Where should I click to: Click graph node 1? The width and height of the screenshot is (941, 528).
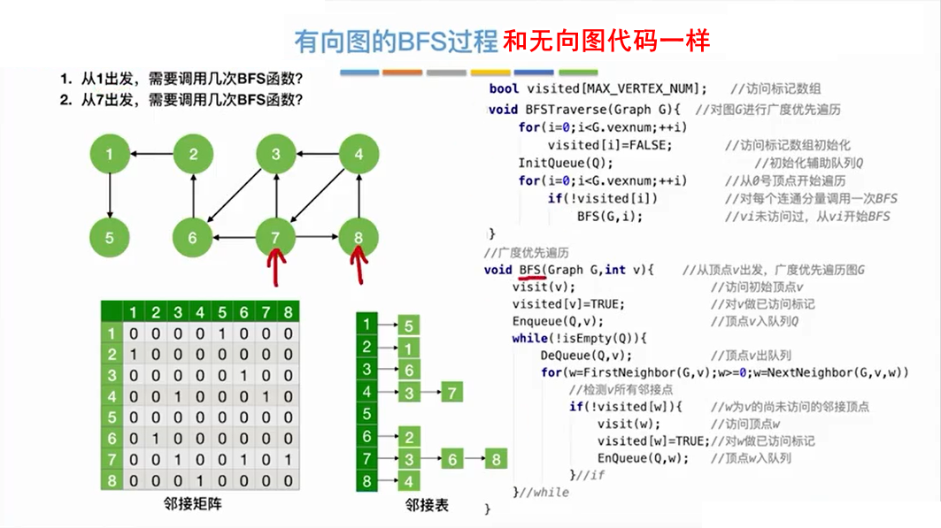click(109, 156)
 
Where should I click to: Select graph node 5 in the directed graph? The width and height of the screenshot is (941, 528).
click(109, 237)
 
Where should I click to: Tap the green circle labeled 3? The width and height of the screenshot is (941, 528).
click(276, 156)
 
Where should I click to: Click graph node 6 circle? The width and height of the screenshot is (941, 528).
click(192, 237)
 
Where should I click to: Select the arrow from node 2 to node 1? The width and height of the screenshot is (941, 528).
click(150, 156)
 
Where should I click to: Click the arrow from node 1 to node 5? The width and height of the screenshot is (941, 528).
click(109, 196)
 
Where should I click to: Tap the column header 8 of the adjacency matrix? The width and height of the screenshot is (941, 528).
click(288, 312)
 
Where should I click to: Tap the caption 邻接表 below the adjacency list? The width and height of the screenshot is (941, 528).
click(427, 506)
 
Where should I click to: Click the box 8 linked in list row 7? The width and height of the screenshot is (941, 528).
click(496, 459)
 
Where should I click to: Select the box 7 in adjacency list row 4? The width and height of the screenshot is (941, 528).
click(451, 392)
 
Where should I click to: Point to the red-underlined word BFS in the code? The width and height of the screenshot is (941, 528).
click(530, 270)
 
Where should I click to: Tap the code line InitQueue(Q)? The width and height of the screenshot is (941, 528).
click(565, 164)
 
